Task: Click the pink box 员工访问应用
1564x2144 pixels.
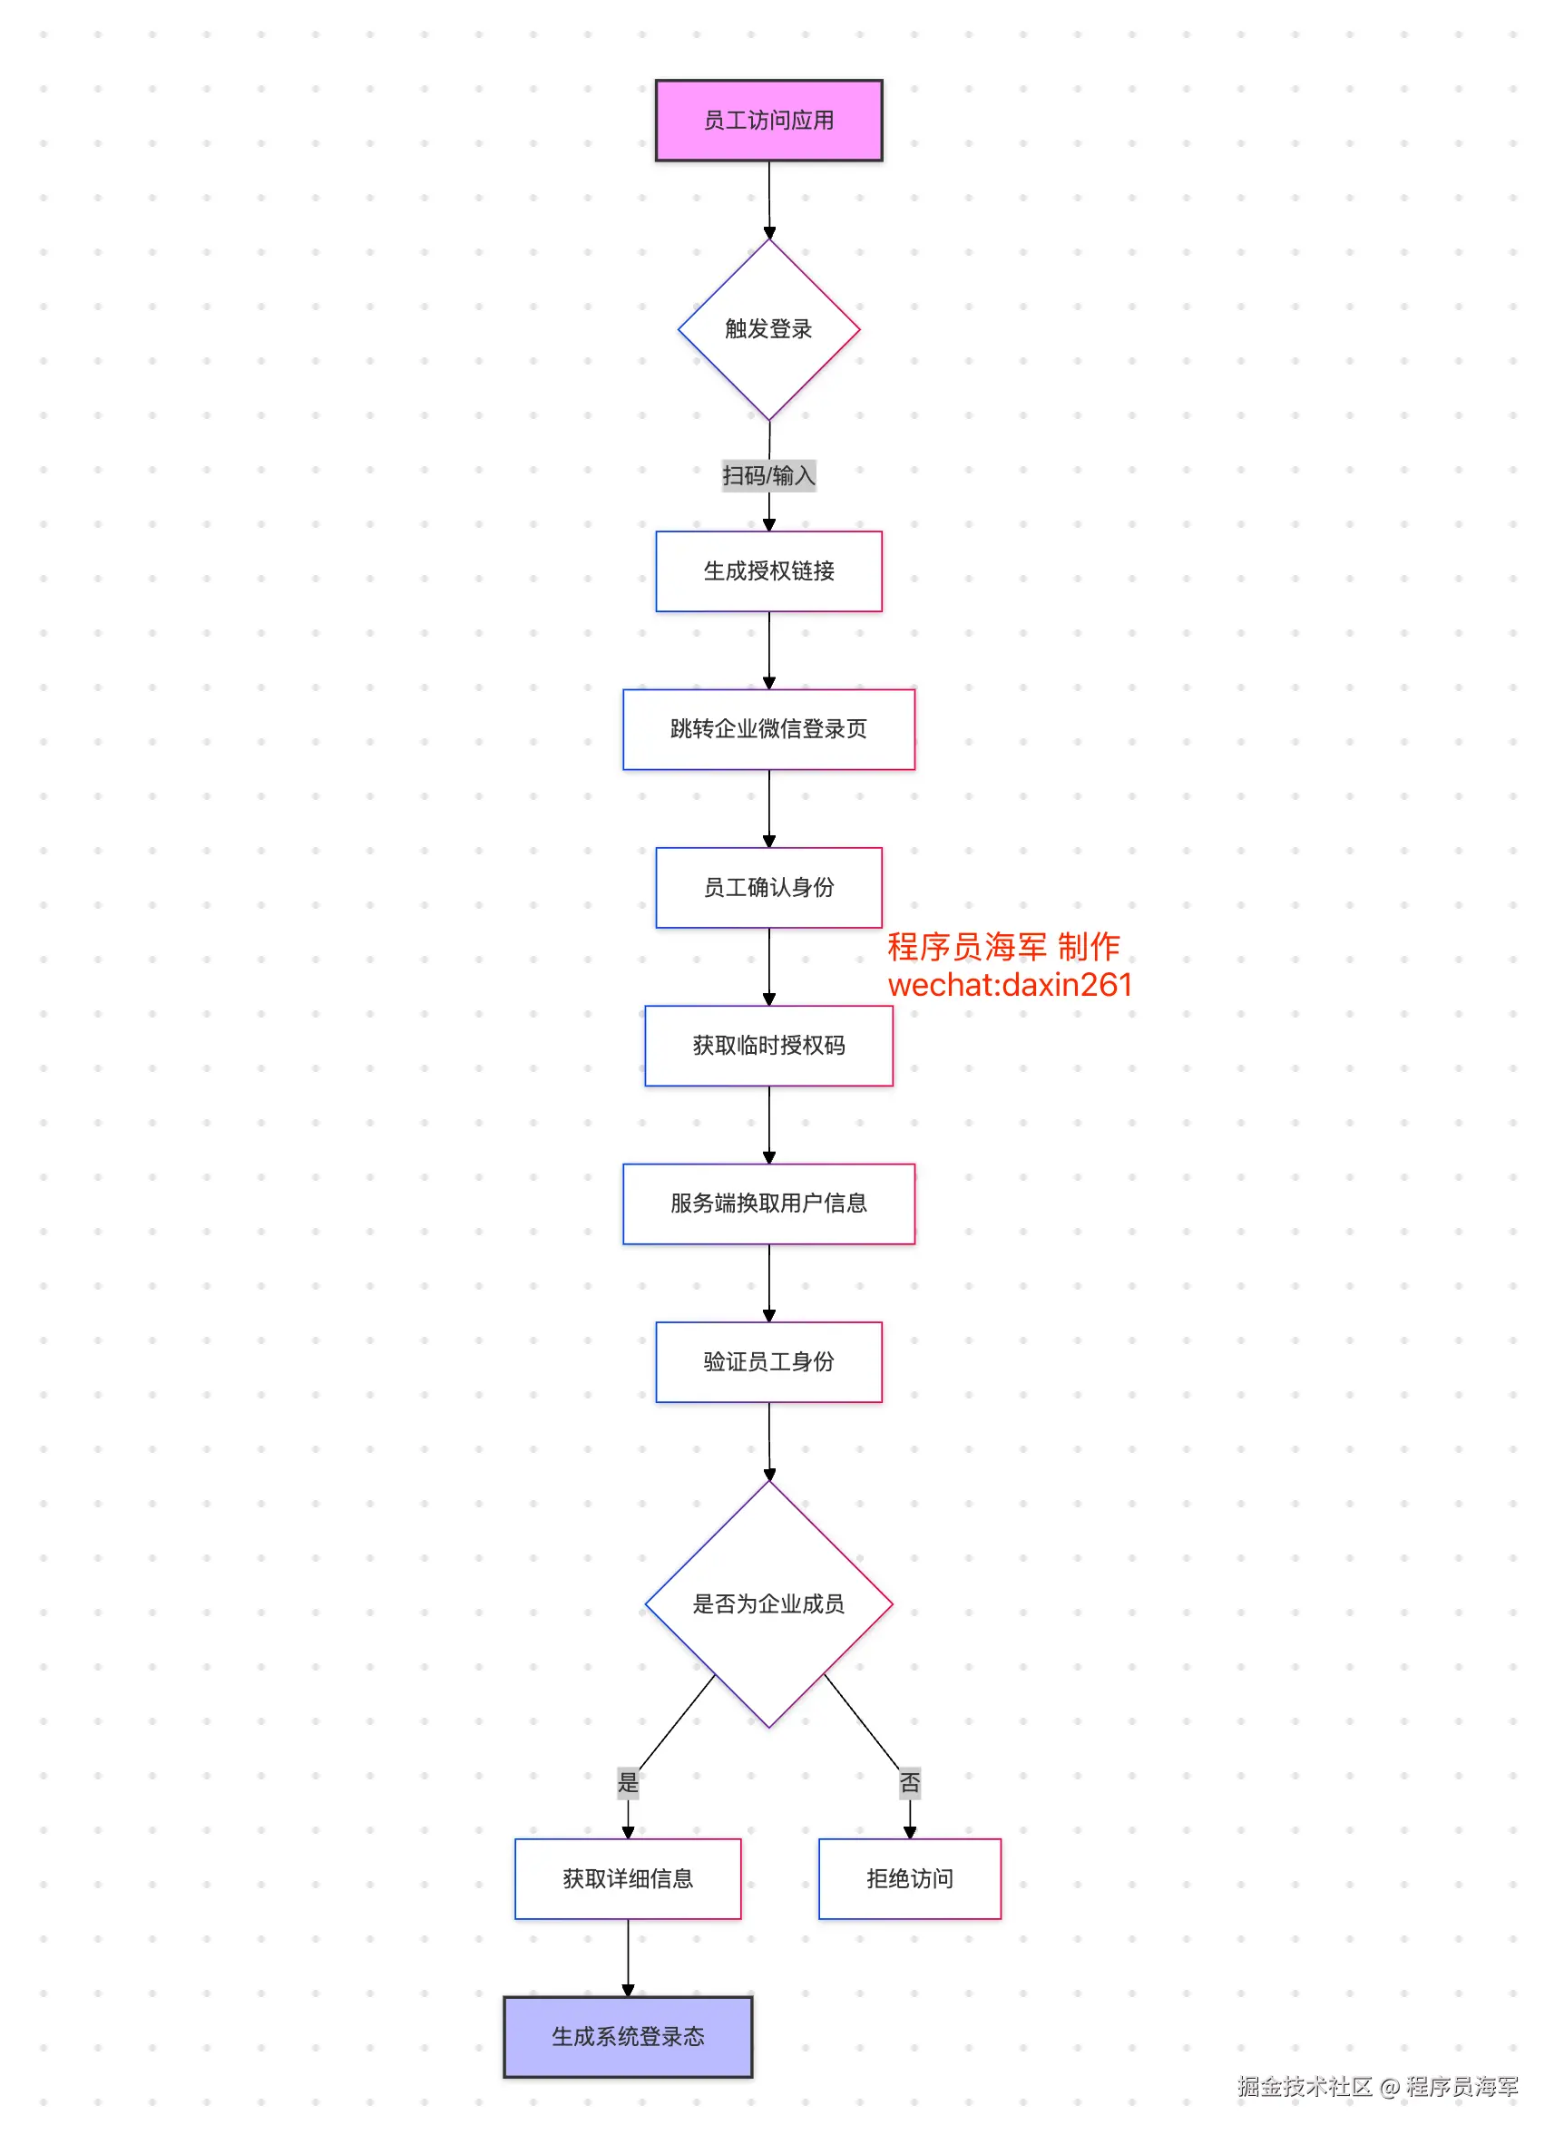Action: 768,121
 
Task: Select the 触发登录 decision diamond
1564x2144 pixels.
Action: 768,328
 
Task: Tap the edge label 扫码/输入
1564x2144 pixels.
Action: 768,475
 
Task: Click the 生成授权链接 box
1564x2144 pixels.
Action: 768,570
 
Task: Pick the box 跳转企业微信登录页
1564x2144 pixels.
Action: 768,729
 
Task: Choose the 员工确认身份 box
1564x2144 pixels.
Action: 768,887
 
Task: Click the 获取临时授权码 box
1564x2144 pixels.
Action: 768,1045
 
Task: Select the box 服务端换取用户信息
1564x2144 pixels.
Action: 768,1204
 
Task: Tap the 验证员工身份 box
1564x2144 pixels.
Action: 768,1361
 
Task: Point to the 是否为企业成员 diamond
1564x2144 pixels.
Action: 768,1603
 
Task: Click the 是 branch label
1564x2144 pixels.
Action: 628,1783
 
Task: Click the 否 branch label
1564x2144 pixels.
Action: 910,1783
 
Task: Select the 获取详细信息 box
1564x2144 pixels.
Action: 628,1879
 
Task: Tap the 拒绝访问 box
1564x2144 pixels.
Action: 910,1879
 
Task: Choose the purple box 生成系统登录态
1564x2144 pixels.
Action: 628,2037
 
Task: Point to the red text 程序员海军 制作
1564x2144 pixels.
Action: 1003,947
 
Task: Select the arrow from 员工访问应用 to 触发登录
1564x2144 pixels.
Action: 768,199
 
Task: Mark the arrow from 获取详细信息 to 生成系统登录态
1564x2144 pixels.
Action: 628,1957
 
